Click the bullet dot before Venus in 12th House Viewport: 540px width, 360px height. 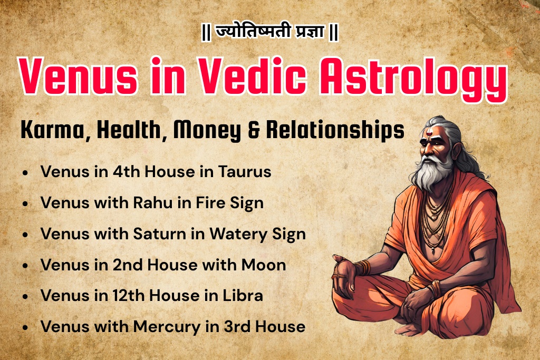25,296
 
